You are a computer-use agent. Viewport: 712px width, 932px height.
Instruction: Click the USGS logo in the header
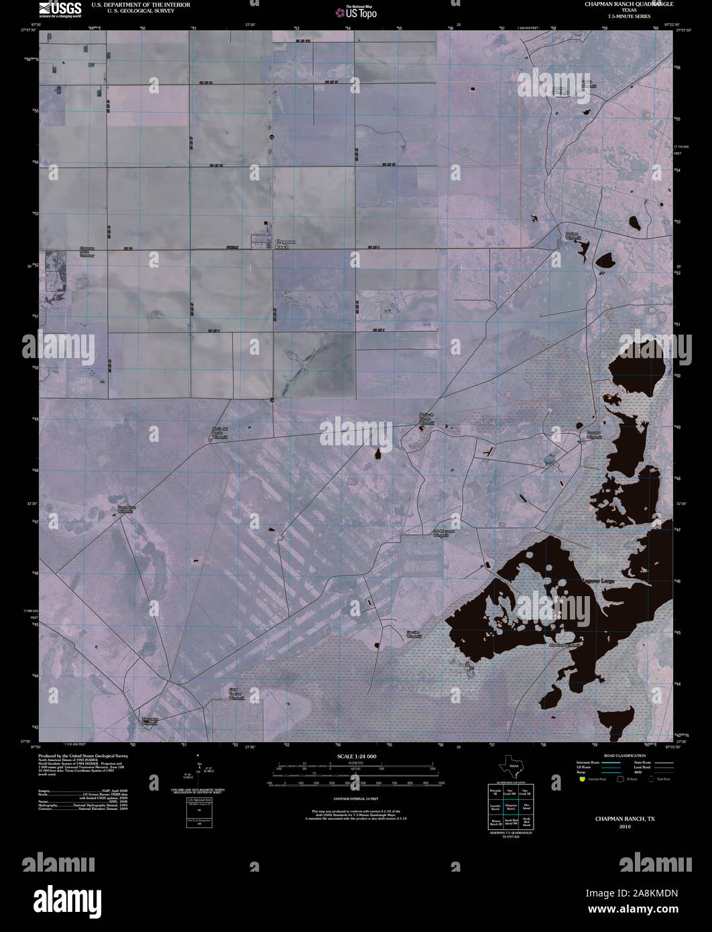60,9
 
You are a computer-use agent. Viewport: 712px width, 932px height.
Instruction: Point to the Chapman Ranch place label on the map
285,244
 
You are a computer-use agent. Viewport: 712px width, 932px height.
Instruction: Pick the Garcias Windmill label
414,634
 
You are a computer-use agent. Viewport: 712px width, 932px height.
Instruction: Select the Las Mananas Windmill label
440,533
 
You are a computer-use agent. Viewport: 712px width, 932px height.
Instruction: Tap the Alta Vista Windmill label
562,645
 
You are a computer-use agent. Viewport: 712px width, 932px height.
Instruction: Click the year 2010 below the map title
625,826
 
